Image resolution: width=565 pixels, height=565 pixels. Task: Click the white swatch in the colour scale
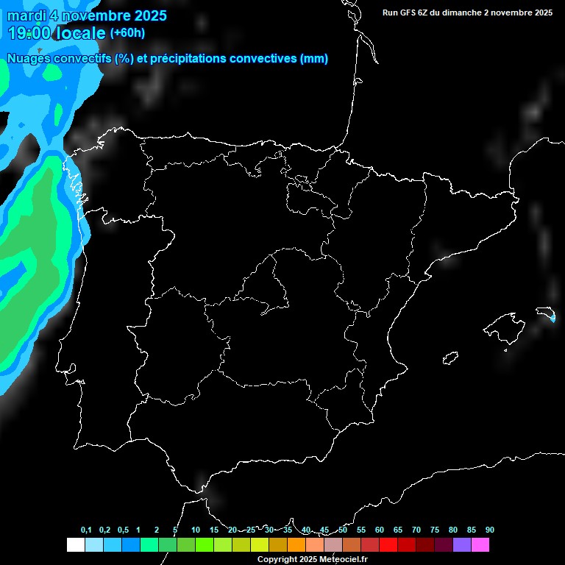[75, 545]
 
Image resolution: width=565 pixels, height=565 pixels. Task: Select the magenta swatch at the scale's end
[480, 545]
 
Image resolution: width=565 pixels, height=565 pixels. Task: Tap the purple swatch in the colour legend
[462, 545]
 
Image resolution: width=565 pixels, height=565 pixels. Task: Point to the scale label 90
[490, 530]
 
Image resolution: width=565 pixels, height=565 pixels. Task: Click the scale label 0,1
[86, 530]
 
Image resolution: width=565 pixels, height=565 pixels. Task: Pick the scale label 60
[380, 530]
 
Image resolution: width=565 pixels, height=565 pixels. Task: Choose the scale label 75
[435, 530]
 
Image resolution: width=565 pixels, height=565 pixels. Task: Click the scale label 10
[196, 530]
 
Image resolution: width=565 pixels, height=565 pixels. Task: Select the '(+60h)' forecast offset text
[127, 33]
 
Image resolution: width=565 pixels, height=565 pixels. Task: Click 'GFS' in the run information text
[410, 13]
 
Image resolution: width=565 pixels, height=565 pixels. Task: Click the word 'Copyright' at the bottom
[278, 560]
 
